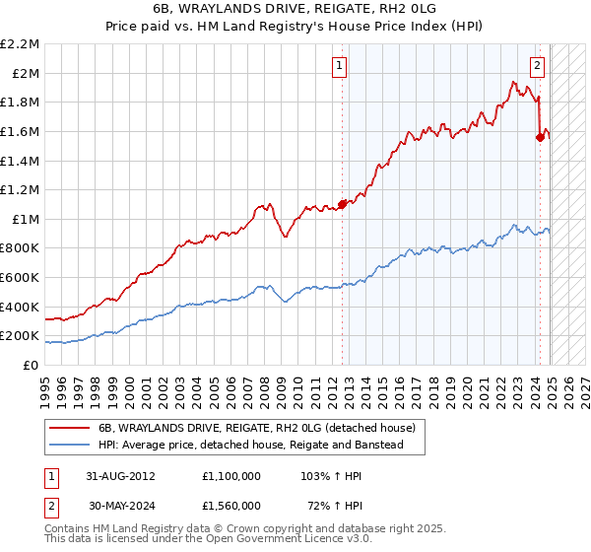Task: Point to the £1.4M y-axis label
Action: point(21,161)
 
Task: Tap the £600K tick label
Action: point(21,277)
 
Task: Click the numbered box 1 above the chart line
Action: point(339,66)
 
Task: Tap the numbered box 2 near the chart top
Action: point(537,66)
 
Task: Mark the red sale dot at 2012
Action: point(343,204)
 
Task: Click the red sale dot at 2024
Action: point(540,137)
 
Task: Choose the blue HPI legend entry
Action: point(260,445)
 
